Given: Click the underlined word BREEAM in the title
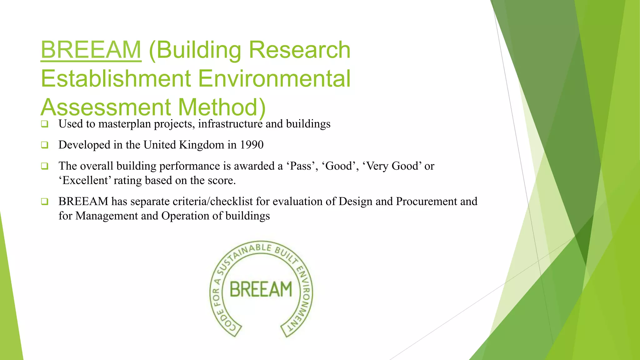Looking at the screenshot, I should pos(91,50).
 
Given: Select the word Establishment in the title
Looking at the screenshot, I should pos(116,78).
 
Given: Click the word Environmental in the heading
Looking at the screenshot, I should pos(274,78).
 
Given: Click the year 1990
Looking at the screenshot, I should pos(252,145).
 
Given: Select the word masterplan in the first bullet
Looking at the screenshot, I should pos(124,124).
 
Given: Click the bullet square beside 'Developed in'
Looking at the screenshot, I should pos(45,145).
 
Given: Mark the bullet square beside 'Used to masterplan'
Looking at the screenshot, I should pos(45,124).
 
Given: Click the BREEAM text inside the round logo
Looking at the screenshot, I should pos(261,289).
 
